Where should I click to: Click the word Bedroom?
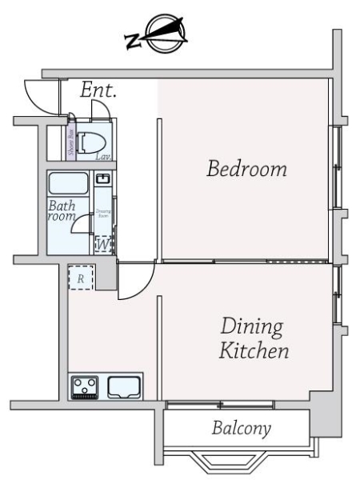(246, 170)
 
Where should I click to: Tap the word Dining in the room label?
(251, 327)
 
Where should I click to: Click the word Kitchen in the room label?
(254, 350)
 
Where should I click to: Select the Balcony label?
(241, 428)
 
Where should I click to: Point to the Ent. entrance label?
(98, 91)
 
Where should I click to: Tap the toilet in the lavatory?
(92, 141)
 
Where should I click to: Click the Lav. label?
(103, 157)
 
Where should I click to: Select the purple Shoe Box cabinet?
(71, 142)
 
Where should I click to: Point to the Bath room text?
(62, 211)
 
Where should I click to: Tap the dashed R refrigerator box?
(81, 278)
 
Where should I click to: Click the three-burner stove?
(84, 387)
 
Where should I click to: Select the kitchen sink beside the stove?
(125, 386)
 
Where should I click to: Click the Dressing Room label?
(102, 214)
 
